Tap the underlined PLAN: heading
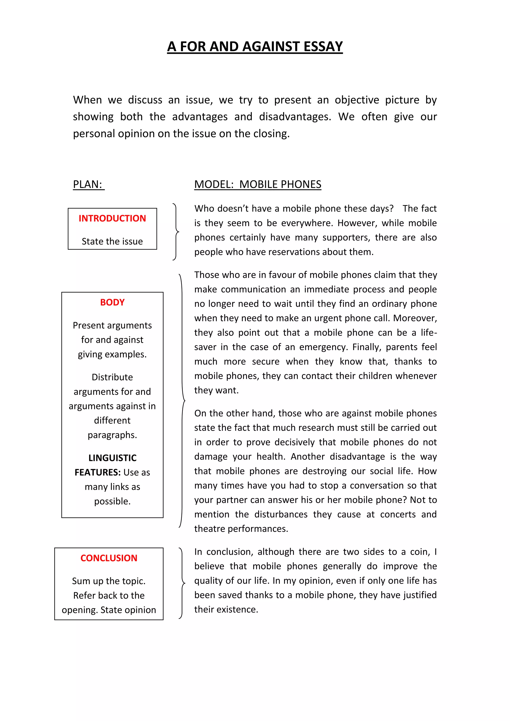(88, 184)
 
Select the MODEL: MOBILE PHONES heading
(257, 184)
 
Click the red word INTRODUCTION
(112, 218)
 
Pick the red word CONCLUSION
(109, 558)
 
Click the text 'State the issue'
(112, 241)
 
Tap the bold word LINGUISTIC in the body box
(112, 458)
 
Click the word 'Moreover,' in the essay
(415, 318)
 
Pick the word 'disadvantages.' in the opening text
(295, 117)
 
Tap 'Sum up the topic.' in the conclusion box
(109, 581)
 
